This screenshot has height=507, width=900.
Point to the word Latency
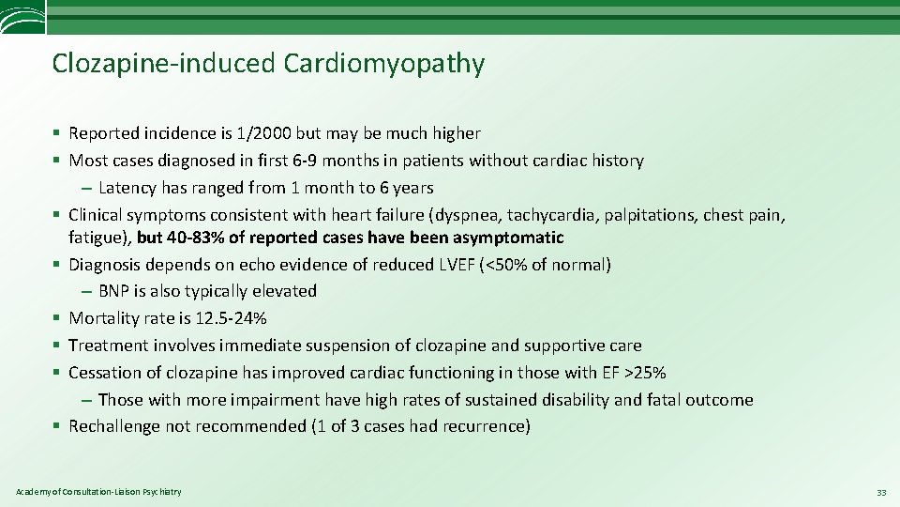pos(128,187)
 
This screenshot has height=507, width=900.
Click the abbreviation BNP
pos(114,291)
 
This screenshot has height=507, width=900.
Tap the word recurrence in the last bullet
pos(487,426)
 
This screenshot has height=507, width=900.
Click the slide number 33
pos(880,492)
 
